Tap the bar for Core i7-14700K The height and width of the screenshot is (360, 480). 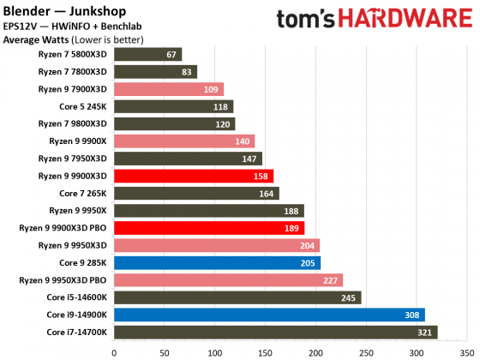pyautogui.click(x=275, y=332)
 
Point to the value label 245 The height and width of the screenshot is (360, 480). pyautogui.click(x=348, y=297)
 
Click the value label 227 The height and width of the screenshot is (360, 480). pyautogui.click(x=330, y=279)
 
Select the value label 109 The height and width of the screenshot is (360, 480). pyautogui.click(x=211, y=89)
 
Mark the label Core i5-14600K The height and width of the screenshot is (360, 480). pyautogui.click(x=77, y=297)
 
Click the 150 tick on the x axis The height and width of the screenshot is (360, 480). pyautogui.click(x=265, y=351)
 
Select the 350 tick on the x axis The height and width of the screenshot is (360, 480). pyautogui.click(x=467, y=351)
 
